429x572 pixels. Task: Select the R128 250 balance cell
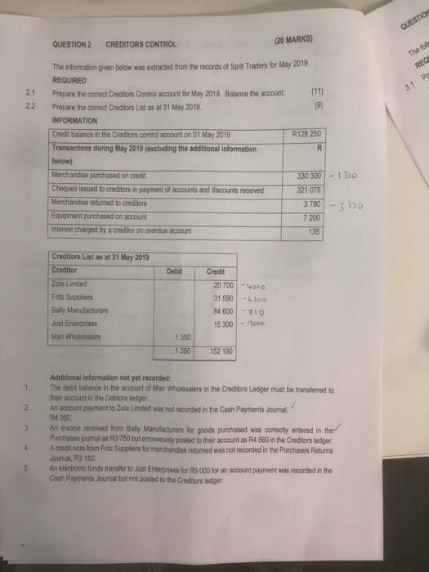click(x=308, y=134)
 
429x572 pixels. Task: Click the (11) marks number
click(x=315, y=94)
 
